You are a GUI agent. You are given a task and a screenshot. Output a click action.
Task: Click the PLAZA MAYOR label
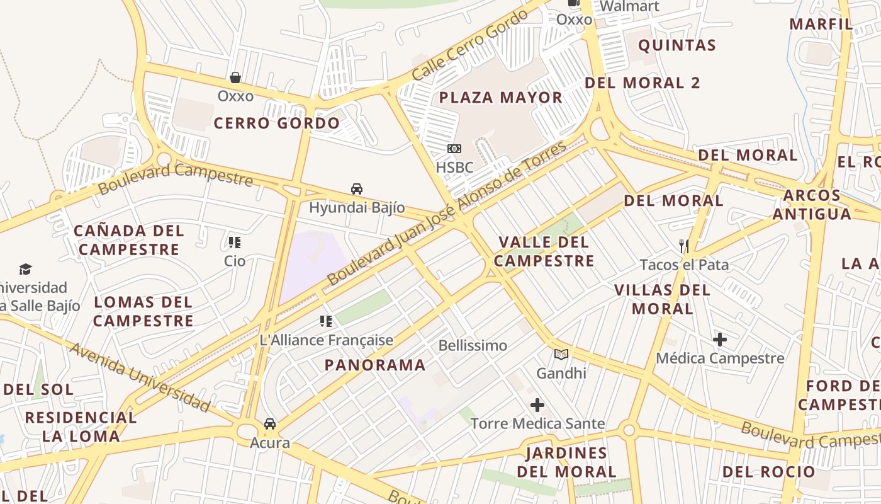pyautogui.click(x=500, y=98)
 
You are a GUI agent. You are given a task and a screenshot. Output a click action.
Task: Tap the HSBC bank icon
pyautogui.click(x=454, y=149)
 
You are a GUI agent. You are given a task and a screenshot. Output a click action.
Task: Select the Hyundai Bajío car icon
pyautogui.click(x=357, y=189)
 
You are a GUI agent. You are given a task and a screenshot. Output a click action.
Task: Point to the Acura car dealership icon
pyautogui.click(x=270, y=424)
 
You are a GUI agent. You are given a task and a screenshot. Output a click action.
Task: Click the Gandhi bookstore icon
pyautogui.click(x=561, y=354)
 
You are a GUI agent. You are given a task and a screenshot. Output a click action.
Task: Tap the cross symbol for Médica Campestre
pyautogui.click(x=720, y=340)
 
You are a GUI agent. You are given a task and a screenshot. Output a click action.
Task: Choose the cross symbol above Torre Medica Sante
pyautogui.click(x=537, y=404)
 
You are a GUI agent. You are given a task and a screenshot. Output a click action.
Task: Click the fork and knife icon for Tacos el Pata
pyautogui.click(x=684, y=246)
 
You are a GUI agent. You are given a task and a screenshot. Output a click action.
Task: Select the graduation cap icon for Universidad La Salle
pyautogui.click(x=25, y=269)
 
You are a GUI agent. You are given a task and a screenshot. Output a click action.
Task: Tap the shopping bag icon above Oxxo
pyautogui.click(x=235, y=77)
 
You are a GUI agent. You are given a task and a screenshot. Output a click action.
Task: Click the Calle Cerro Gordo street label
pyautogui.click(x=471, y=45)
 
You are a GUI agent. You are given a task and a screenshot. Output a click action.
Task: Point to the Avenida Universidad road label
pyautogui.click(x=139, y=377)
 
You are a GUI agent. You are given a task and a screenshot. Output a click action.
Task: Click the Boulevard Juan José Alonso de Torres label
pyautogui.click(x=447, y=213)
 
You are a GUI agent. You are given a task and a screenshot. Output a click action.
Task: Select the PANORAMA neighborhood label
pyautogui.click(x=375, y=365)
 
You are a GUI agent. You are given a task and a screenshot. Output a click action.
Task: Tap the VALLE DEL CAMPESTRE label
pyautogui.click(x=544, y=251)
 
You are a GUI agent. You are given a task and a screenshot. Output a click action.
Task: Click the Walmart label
pyautogui.click(x=629, y=7)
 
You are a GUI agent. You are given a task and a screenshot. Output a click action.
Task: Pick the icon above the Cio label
pyautogui.click(x=235, y=243)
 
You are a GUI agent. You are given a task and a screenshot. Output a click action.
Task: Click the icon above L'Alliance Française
pyautogui.click(x=326, y=321)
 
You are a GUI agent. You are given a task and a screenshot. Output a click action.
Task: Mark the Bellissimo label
pyautogui.click(x=473, y=345)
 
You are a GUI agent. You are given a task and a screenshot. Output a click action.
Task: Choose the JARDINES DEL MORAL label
pyautogui.click(x=566, y=462)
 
